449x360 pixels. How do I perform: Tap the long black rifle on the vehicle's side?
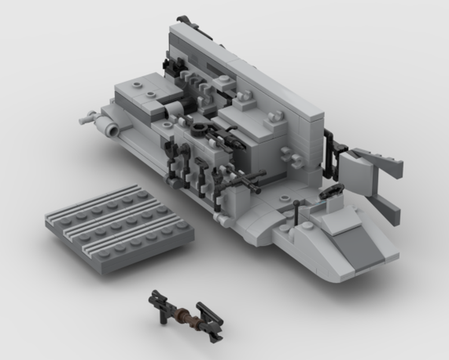click(x=241, y=180)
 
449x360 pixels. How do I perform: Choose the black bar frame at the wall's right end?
click(x=332, y=155)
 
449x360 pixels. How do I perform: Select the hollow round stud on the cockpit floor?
click(x=285, y=198)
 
